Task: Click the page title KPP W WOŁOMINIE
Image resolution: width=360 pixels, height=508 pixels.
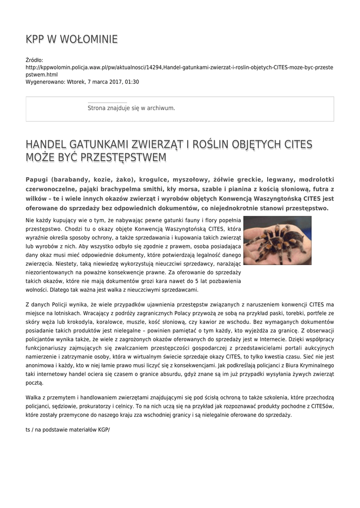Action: coord(72,39)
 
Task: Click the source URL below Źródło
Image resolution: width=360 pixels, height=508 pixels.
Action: coord(179,70)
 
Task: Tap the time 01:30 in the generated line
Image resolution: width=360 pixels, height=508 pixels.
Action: coord(132,82)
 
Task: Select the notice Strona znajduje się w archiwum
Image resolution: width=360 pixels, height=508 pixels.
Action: coord(131,108)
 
